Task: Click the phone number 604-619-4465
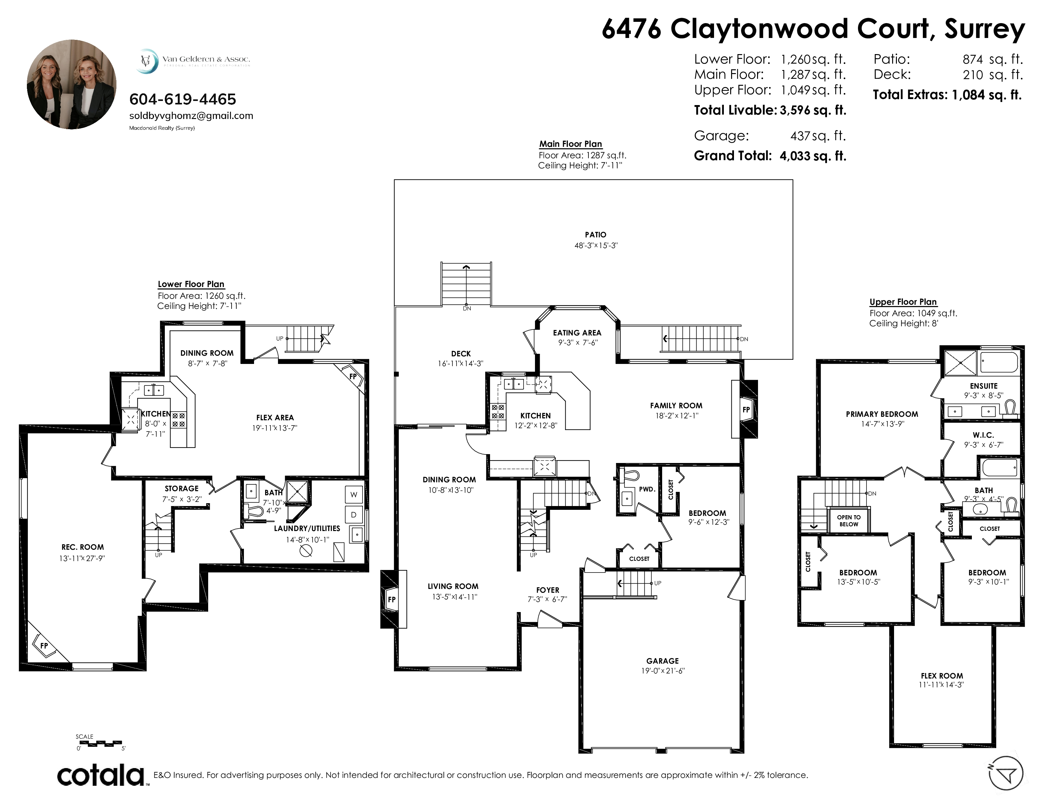183,99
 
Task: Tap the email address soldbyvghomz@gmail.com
191,116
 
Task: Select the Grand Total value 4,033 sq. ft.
813,156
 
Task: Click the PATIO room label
596,235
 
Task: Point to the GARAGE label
662,661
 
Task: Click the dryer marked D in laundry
354,515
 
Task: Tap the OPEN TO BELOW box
849,521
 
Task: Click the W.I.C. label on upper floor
983,435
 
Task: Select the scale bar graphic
100,744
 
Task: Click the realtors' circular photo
72,84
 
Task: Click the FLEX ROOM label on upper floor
942,676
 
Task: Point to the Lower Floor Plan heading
191,284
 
